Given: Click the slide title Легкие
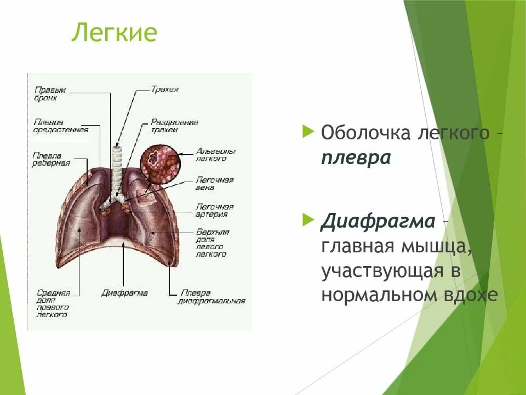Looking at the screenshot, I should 115,33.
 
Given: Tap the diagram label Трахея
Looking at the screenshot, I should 165,89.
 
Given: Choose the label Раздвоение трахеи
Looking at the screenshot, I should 174,126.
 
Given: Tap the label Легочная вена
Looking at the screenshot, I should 214,184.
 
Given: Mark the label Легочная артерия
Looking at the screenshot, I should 214,211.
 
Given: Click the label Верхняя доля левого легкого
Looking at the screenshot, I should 212,243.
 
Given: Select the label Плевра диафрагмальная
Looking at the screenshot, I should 211,297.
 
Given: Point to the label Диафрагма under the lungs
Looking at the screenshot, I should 124,293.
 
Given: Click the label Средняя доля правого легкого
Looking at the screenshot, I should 53,303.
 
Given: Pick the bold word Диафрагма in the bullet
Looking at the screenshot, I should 378,222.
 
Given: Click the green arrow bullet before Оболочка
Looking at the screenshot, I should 308,132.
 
